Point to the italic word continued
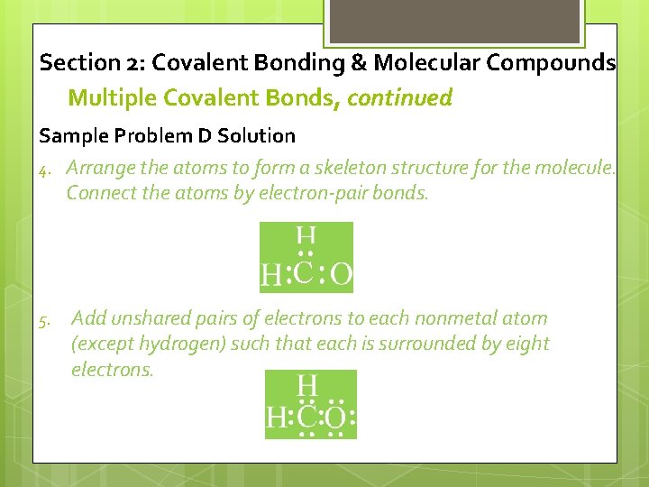(x=399, y=97)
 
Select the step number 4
(x=44, y=169)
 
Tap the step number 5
(x=44, y=319)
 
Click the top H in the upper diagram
(x=306, y=237)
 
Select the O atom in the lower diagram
(x=335, y=418)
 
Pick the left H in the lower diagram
(x=276, y=418)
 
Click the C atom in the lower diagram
(x=307, y=418)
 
